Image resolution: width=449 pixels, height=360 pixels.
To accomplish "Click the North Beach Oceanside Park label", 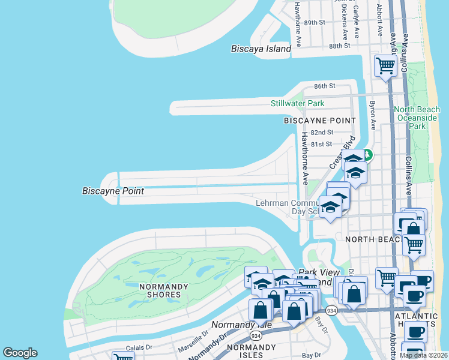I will tap(418, 118).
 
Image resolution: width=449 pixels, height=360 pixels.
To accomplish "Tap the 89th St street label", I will tap(314, 22).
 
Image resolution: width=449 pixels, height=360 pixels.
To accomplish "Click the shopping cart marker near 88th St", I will tap(385, 65).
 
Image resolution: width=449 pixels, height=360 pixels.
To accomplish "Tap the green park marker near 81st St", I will tap(367, 155).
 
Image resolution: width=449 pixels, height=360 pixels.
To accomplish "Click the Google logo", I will tap(20, 353).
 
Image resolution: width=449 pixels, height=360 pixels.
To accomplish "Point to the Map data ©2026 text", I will tap(423, 355).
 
